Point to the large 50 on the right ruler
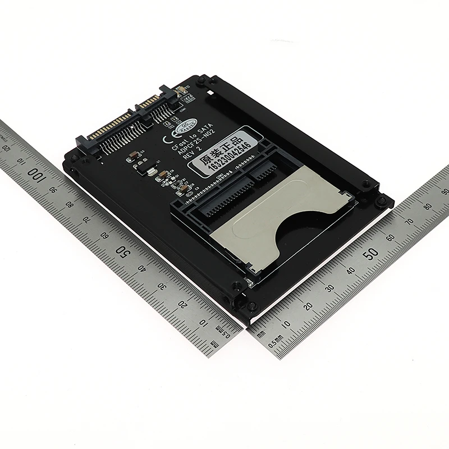pos(370,253)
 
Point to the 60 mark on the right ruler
pos(390,236)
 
